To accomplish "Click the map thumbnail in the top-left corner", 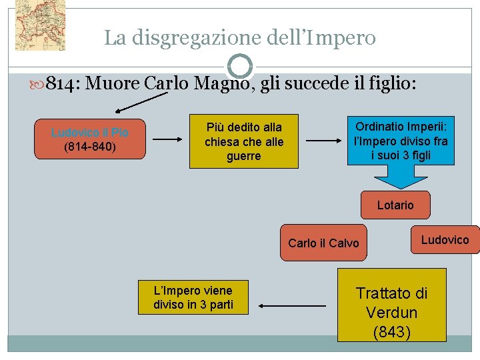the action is click(x=40, y=25).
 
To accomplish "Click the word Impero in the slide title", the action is click(x=341, y=38).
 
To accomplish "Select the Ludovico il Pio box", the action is click(x=90, y=139).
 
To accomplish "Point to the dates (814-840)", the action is click(x=90, y=147).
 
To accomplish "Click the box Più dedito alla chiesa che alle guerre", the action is click(x=243, y=141).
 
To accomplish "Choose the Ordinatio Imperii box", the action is click(x=401, y=141).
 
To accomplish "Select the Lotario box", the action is click(x=395, y=205).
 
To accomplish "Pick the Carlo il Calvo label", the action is click(x=323, y=243).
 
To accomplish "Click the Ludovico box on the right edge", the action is click(x=445, y=240).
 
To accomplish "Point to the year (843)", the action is click(x=392, y=332).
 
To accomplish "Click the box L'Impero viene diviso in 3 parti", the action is click(x=193, y=297).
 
